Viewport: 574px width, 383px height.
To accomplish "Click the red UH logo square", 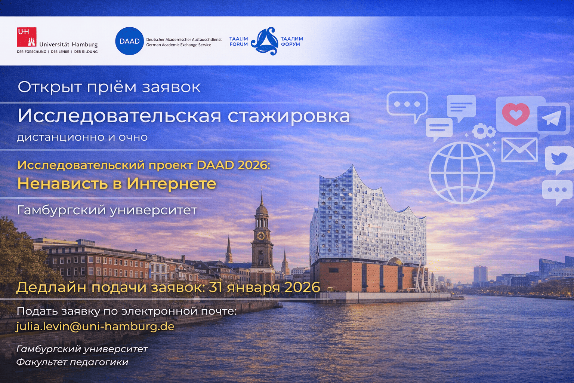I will coord(27,37).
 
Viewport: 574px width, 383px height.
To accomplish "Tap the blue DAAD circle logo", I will coord(129,41).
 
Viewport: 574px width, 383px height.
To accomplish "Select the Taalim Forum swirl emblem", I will coord(265,41).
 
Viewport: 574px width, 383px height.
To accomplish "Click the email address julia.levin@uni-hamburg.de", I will coord(95,326).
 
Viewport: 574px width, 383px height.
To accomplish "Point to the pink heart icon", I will coord(516,114).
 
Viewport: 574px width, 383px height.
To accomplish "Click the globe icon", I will coord(462,173).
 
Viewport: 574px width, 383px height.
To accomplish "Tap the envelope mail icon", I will coord(519,150).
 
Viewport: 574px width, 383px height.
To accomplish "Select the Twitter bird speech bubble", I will coord(559,159).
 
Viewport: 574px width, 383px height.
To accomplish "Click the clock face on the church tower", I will coord(260,236).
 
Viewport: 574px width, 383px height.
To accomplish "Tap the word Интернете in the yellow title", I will coord(171,184).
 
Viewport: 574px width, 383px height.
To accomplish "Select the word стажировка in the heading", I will coord(288,116).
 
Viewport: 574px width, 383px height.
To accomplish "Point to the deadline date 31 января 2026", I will coord(264,287).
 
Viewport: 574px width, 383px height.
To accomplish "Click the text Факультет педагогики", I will coord(72,362).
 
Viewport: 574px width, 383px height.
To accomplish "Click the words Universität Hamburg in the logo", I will coord(68,45).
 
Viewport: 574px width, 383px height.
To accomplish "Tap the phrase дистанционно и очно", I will coord(82,137).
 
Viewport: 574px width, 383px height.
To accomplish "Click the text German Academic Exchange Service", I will coord(179,45).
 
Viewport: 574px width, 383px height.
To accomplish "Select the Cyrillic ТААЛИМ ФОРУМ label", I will coord(291,42).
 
